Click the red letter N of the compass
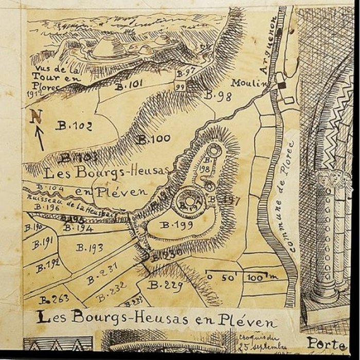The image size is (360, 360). [x=35, y=116]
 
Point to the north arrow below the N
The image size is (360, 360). [x=40, y=138]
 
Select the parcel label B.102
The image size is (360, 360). [x=73, y=126]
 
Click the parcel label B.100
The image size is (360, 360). [x=153, y=139]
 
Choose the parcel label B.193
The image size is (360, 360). [x=89, y=247]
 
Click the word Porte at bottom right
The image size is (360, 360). [x=326, y=343]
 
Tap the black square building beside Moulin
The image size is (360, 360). [x=282, y=85]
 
